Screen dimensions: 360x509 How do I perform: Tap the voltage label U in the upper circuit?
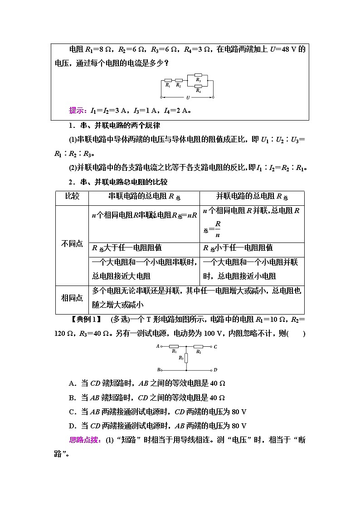tap(187, 97)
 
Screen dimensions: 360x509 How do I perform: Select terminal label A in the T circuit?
tap(158, 346)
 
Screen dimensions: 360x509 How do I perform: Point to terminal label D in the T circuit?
tap(215, 370)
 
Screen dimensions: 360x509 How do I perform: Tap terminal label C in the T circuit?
tap(215, 347)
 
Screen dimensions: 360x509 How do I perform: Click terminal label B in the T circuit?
tap(159, 370)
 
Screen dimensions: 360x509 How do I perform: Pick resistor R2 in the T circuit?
tap(199, 347)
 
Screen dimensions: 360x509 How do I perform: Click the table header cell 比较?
tap(72, 196)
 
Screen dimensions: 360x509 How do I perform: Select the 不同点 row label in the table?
tap(72, 244)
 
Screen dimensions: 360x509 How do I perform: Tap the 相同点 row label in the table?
tap(72, 298)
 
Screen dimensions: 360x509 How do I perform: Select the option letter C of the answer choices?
tap(71, 412)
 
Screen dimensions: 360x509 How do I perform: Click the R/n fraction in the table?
tap(218, 229)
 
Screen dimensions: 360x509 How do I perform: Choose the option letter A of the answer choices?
tap(71, 383)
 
